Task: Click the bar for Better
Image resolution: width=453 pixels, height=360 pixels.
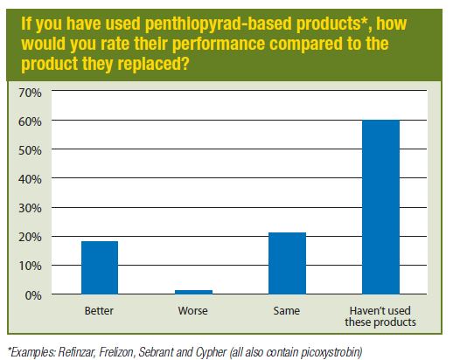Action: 100,267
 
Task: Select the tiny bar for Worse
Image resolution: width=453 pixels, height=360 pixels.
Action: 193,292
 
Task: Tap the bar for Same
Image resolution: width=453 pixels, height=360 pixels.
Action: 287,263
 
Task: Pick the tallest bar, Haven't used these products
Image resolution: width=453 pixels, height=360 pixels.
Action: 380,207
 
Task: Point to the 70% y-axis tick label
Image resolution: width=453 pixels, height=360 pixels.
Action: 30,93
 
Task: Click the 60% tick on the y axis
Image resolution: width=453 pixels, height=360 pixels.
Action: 30,121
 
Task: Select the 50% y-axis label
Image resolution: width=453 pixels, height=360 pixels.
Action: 30,150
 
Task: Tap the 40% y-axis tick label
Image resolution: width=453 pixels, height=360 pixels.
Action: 30,179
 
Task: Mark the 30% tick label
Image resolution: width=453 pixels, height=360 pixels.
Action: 30,208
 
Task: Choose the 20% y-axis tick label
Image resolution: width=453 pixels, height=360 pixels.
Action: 30,237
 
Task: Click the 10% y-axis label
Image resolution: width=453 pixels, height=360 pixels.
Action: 30,266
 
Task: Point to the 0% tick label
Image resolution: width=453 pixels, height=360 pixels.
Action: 33,295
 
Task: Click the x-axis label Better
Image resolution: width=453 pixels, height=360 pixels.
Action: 99,311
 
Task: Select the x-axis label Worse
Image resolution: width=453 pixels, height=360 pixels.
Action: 193,311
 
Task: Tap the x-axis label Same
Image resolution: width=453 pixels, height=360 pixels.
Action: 287,311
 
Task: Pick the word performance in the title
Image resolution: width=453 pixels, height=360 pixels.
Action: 219,44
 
